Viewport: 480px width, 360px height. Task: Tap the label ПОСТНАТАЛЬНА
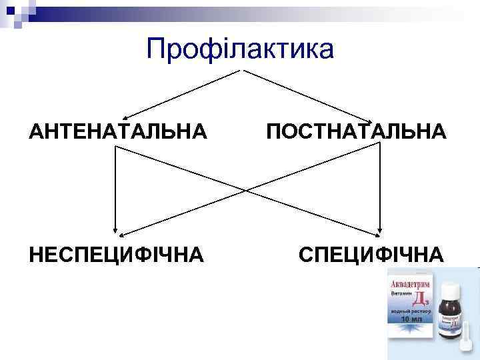pyautogui.click(x=356, y=131)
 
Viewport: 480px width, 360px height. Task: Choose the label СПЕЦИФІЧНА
pyautogui.click(x=371, y=254)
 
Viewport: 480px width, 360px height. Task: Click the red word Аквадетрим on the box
pyautogui.click(x=409, y=285)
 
